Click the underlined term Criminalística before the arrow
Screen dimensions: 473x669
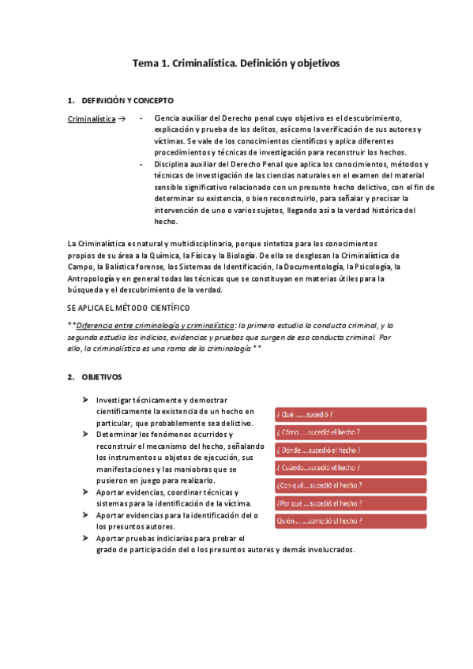point(92,118)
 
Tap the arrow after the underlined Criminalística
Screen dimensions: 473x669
point(121,118)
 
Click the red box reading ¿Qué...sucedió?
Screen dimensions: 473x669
point(350,414)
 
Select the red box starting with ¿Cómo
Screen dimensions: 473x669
point(350,432)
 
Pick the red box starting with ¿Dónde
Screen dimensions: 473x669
point(350,450)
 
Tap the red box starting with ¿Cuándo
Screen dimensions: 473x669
point(350,468)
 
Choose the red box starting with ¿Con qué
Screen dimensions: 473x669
point(350,485)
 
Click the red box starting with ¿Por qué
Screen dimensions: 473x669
point(350,503)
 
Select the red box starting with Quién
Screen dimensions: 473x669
point(350,521)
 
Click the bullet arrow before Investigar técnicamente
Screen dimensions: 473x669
point(85,400)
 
